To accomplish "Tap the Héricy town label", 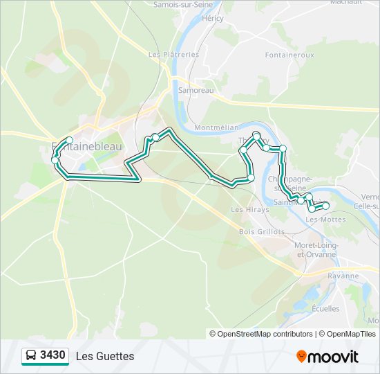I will pos(212,18).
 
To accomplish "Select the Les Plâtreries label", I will pos(173,54).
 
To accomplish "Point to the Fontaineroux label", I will pos(289,54).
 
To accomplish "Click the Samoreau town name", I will pos(196,90).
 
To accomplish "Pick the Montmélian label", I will pos(216,128).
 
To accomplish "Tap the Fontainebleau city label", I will pos(86,147).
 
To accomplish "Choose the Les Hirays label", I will pos(245,209).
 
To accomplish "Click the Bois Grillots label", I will pos(262,232).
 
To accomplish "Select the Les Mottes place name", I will pos(325,220).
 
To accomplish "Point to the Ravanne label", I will pos(344,276).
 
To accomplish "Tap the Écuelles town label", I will pos(325,309).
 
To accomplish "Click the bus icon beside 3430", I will pos(31,356).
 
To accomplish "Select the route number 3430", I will pos(53,356).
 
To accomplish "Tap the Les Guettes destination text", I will pos(105,356).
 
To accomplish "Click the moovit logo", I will pos(327,357).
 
